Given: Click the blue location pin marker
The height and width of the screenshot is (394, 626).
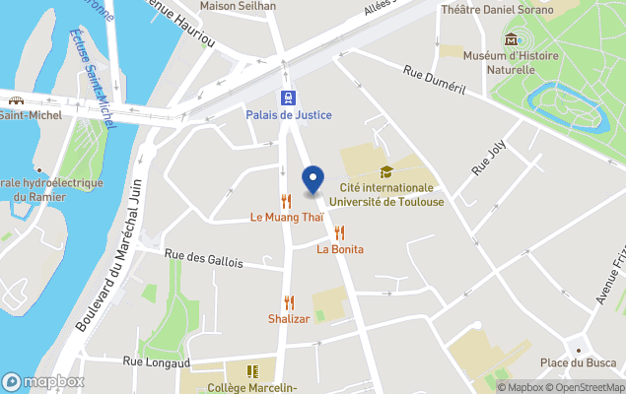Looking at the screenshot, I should pos(313,180).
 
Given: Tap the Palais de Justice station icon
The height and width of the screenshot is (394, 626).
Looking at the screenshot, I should pos(288,98).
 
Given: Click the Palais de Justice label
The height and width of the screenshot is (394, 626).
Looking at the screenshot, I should pos(289,115).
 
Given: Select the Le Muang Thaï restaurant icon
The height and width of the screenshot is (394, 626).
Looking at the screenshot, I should pos(286,201).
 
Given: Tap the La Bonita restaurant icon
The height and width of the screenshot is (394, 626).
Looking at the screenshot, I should pos(340,232).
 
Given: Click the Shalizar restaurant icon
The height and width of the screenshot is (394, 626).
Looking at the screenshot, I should pos(289,302).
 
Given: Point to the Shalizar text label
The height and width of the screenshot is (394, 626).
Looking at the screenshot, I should pos(289,319).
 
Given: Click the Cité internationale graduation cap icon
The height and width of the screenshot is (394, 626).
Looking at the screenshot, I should pos(386,171).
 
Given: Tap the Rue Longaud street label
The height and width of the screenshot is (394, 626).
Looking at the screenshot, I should pos(155,362).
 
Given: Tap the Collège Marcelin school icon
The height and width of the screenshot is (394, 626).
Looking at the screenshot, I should pos(253,371).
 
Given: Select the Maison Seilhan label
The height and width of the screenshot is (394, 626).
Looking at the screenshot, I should pos(238,6).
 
